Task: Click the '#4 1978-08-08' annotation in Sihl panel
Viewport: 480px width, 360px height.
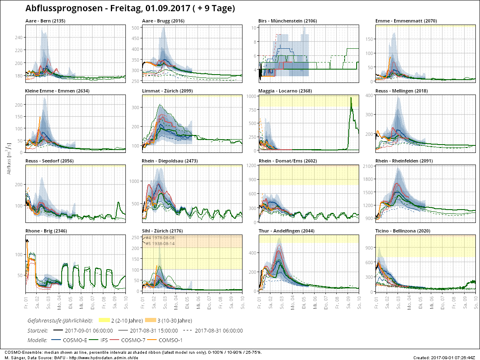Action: tap(160, 238)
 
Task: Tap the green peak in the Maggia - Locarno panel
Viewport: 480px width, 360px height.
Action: tap(351, 98)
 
